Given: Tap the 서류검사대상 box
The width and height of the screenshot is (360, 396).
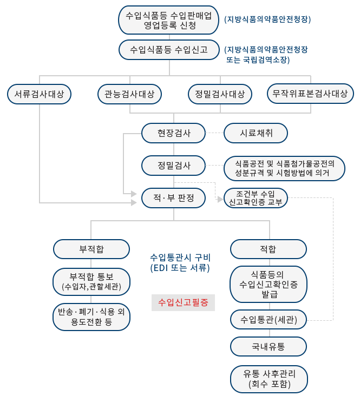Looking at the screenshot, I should click(x=40, y=94).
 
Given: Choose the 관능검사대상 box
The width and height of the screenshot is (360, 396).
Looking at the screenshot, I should click(x=129, y=94).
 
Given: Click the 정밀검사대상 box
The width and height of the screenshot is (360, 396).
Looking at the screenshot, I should click(x=220, y=94).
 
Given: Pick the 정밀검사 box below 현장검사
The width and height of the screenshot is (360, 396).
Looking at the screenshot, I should click(x=174, y=164).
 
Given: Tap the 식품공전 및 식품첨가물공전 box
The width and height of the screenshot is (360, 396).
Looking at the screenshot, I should click(x=285, y=168).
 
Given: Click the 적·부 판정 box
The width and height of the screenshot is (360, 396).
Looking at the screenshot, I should click(x=174, y=199).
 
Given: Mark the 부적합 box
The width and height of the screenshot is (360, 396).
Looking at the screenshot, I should click(x=91, y=249).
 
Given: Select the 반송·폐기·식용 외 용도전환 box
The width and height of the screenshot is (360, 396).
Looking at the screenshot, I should click(x=91, y=317).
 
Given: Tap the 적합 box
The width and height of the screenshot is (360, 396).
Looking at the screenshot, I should click(x=269, y=249).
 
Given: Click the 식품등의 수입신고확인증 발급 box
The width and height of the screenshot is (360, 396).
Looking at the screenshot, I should click(x=269, y=284).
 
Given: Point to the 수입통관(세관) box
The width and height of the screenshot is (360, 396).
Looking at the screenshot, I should click(x=269, y=319).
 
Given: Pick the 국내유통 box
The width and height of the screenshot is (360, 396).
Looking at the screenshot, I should click(x=269, y=346).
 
